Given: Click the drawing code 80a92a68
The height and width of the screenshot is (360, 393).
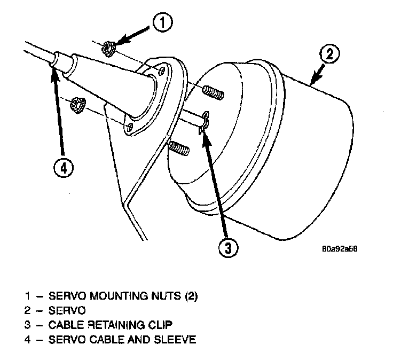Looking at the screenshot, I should [x=340, y=249].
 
